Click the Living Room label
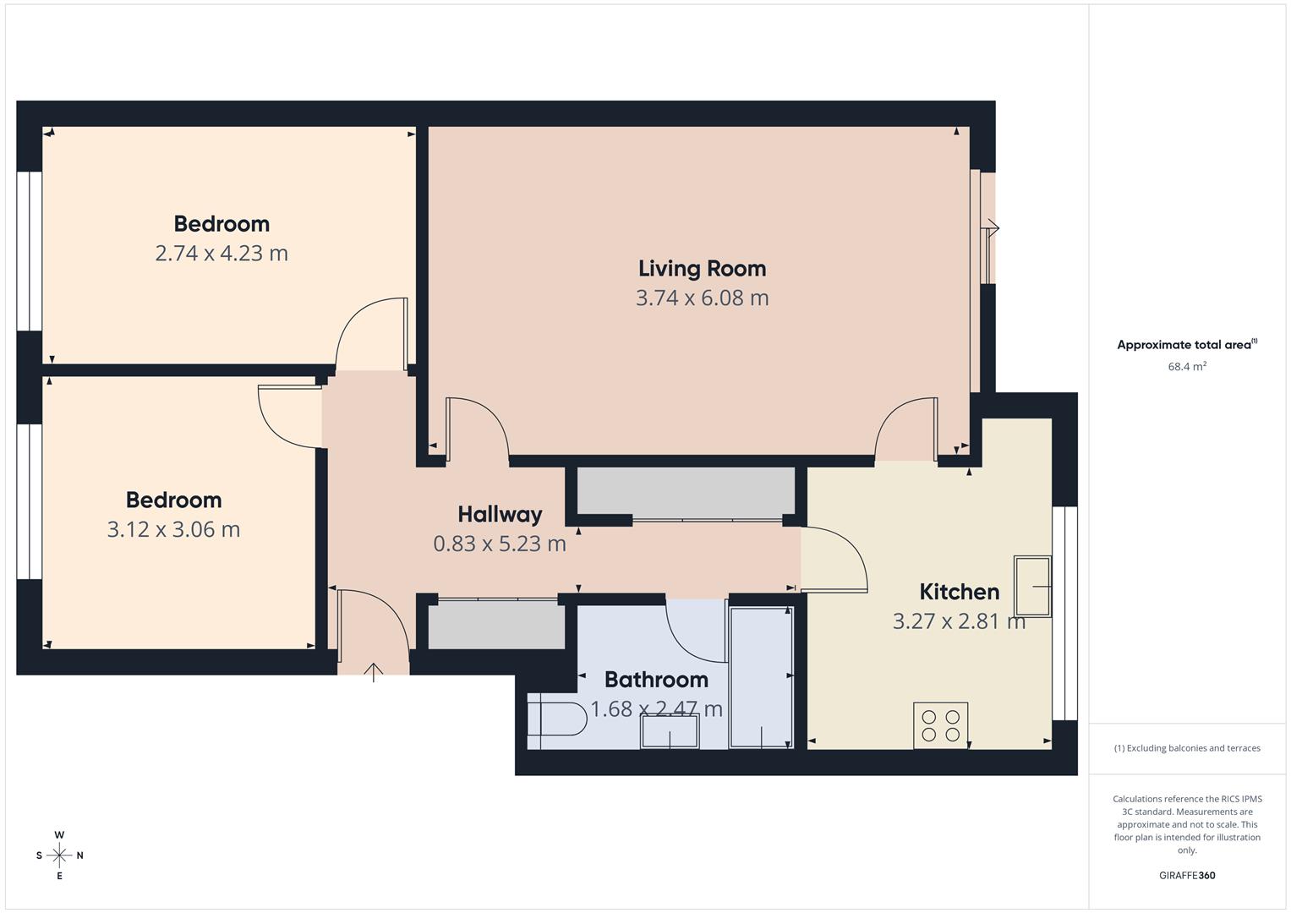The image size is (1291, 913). tap(702, 269)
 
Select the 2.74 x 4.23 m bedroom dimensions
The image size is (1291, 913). tap(222, 254)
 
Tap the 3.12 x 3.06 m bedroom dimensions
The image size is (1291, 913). tap(173, 530)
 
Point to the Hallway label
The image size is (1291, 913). tap(500, 514)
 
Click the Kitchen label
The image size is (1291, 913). tap(959, 592)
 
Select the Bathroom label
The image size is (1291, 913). tap(656, 680)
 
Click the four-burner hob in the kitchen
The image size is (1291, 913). tap(940, 725)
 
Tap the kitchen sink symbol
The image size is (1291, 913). tap(1032, 586)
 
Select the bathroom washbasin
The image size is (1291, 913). tap(670, 731)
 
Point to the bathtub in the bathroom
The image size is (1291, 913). tap(761, 676)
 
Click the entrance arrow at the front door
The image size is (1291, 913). tap(374, 672)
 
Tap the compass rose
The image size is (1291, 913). tap(59, 856)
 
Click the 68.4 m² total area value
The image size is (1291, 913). tap(1186, 367)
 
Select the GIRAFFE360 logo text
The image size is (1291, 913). tap(1186, 876)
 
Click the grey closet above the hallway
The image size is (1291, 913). tap(686, 491)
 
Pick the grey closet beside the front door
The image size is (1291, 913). tap(496, 626)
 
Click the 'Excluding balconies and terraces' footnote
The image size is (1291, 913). tap(1186, 748)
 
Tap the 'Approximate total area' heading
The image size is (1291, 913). tap(1186, 345)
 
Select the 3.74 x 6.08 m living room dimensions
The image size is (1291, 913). tap(702, 298)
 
